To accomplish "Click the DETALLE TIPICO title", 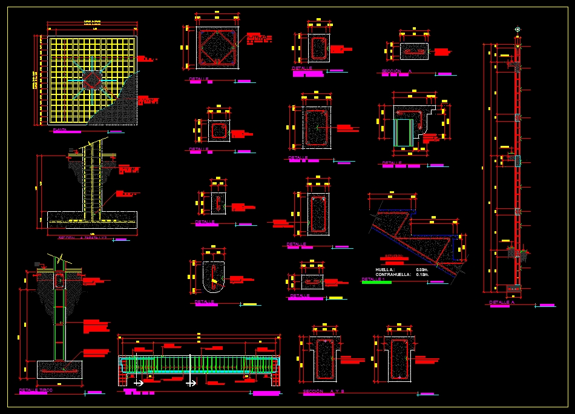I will point(36,390).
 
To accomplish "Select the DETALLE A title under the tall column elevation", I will point(502,302).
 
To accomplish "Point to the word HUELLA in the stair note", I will point(385,269).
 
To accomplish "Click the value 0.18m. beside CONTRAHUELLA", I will point(422,275).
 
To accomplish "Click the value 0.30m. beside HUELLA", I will point(422,269).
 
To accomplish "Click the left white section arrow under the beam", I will point(139,383).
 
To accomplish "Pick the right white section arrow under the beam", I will point(191,383).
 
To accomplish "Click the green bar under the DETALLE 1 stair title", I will point(376,283).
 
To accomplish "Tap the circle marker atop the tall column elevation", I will point(518,28).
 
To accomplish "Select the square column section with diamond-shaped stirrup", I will point(215,48).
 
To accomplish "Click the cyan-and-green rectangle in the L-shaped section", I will point(402,132).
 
